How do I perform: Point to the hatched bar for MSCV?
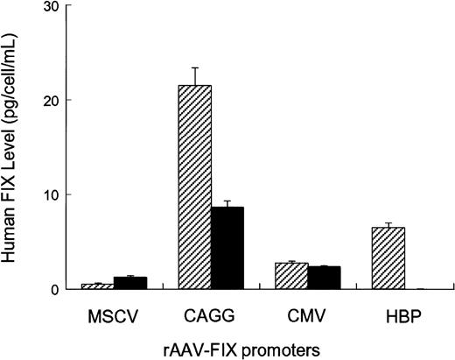(98, 286)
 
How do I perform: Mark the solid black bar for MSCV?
(129, 283)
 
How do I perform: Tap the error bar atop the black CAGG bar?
(227, 201)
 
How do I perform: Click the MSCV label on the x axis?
(114, 311)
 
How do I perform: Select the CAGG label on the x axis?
(211, 311)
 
